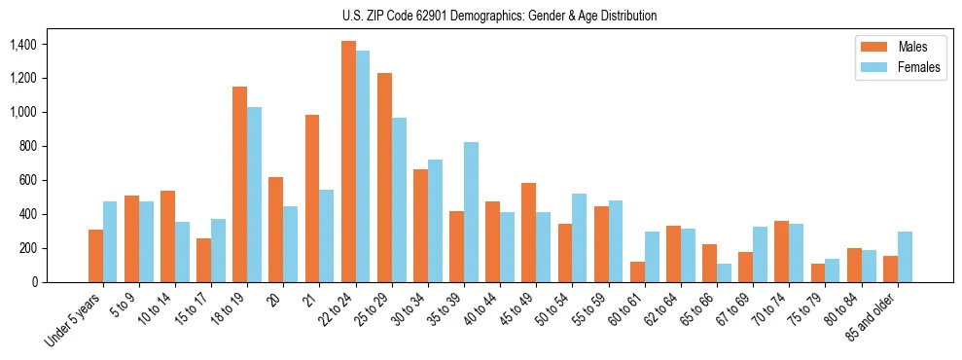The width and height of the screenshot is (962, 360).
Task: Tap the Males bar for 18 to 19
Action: tap(239, 185)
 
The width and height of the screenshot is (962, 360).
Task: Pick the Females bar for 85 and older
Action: tap(905, 257)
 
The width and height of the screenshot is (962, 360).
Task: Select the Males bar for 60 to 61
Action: tap(637, 271)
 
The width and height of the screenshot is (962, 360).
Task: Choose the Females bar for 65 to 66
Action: tap(724, 272)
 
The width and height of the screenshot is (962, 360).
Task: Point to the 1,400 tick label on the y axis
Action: tap(22, 45)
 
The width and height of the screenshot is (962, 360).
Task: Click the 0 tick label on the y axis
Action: tap(35, 282)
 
